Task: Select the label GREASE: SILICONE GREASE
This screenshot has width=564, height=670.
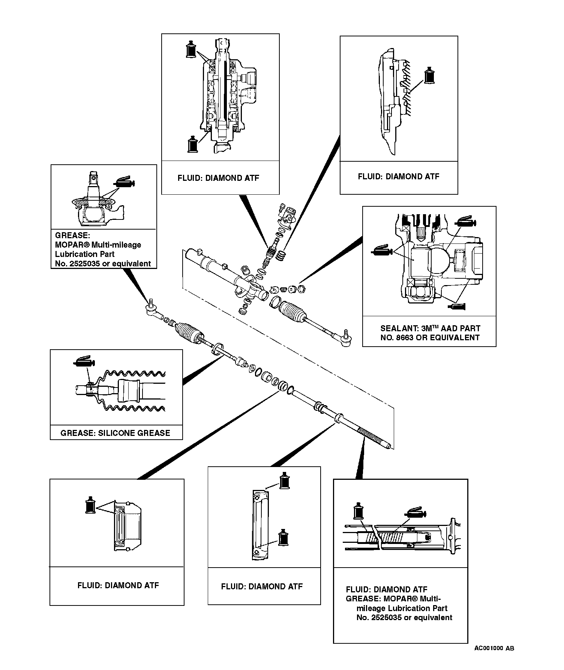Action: (115, 433)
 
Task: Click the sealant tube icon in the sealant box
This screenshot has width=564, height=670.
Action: (457, 307)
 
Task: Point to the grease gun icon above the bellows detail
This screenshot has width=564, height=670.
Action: (84, 361)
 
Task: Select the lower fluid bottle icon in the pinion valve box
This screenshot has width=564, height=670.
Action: (192, 144)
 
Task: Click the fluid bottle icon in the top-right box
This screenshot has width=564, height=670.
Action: (429, 76)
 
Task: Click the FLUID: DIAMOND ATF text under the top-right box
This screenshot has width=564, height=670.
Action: (398, 176)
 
